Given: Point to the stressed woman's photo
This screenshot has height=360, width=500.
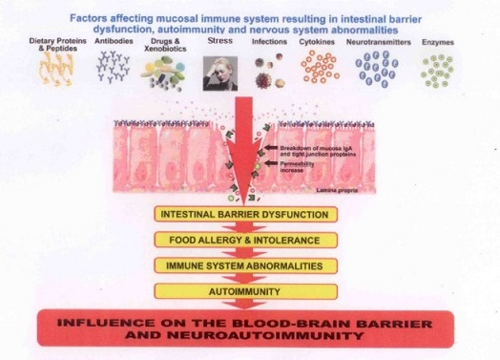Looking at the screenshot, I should (219, 72).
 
